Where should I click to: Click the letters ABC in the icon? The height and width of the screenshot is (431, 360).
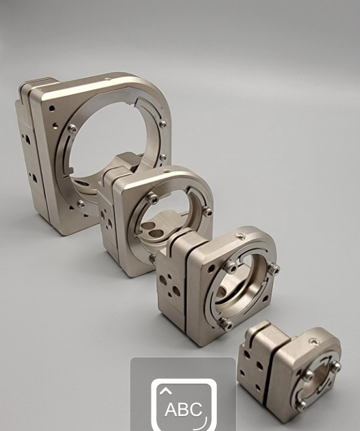(184, 409)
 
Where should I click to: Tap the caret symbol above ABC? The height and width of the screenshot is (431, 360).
(165, 391)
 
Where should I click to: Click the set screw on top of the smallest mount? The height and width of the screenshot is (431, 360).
(313, 342)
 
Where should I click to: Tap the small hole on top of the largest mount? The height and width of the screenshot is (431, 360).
(107, 79)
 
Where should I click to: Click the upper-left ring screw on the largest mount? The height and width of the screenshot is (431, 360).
(72, 128)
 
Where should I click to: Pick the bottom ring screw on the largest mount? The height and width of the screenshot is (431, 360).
(81, 204)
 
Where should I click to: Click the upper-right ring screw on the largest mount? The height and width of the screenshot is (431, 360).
(163, 124)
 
